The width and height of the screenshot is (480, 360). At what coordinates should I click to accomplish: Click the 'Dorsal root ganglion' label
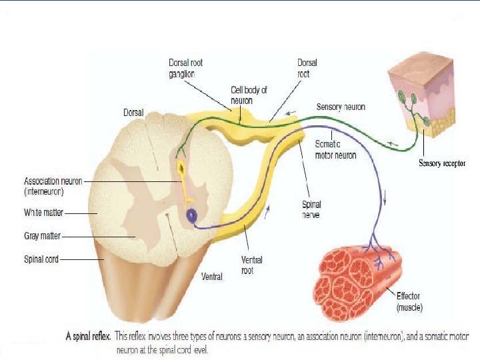click(185, 68)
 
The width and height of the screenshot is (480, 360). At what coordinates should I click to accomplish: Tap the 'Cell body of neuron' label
click(249, 93)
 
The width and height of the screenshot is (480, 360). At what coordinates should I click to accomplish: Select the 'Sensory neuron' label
click(341, 107)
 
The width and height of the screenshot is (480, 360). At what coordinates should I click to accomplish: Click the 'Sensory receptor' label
click(442, 163)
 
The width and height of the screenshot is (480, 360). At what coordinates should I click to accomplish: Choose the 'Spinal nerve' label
click(311, 210)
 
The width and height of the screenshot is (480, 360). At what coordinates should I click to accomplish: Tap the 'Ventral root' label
click(251, 265)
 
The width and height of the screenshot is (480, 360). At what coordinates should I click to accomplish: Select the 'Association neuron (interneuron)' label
click(53, 185)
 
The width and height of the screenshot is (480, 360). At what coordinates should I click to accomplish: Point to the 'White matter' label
click(43, 213)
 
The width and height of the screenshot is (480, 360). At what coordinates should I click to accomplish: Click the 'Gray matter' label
click(42, 236)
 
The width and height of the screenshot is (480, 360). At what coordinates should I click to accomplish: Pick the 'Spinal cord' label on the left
click(41, 260)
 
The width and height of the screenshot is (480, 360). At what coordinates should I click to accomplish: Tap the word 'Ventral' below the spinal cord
click(211, 275)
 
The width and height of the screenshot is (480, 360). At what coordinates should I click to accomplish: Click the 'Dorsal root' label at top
click(303, 68)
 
